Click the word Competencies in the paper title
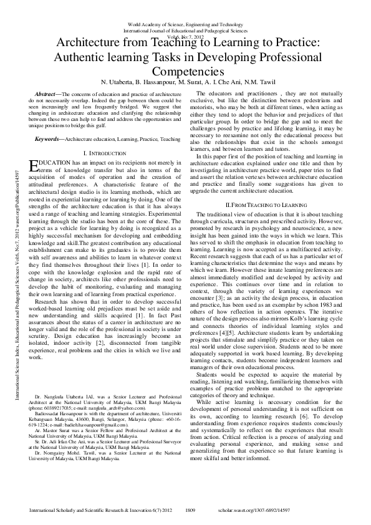185,72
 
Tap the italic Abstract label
47,92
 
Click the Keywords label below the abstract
49,138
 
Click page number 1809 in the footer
191,509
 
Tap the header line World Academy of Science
185,24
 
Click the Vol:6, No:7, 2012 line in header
185,37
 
